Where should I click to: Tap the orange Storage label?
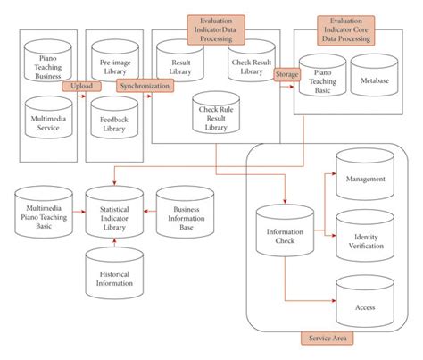[x=286, y=75]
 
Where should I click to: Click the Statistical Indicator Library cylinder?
[x=112, y=214]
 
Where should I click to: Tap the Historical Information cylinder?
[x=112, y=274]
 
